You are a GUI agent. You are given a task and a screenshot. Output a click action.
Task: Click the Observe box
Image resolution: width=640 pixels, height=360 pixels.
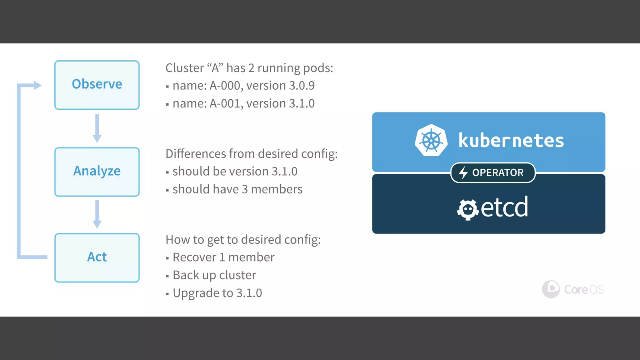pyautogui.click(x=97, y=85)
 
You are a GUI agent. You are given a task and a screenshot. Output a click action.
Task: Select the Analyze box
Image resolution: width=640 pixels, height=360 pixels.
pyautogui.click(x=97, y=172)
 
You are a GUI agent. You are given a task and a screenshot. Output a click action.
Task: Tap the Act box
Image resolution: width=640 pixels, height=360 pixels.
pyautogui.click(x=97, y=257)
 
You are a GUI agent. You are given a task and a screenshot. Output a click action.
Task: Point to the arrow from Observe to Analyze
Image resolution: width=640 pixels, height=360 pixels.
pyautogui.click(x=97, y=128)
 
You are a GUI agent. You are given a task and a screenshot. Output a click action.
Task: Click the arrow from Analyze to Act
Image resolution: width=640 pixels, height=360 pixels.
pyautogui.click(x=97, y=214)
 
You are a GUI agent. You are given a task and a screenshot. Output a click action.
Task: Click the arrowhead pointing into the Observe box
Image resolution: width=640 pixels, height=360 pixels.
pyautogui.click(x=37, y=85)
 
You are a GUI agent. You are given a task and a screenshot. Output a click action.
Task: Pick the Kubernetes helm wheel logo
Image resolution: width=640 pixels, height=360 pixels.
pyautogui.click(x=431, y=140)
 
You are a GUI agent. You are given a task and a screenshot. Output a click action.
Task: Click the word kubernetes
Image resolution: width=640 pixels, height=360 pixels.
pyautogui.click(x=511, y=140)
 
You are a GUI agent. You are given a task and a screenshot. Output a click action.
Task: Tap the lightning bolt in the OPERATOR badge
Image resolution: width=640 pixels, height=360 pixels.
pyautogui.click(x=463, y=172)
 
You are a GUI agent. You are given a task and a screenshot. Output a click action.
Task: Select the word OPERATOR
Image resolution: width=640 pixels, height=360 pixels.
pyautogui.click(x=497, y=172)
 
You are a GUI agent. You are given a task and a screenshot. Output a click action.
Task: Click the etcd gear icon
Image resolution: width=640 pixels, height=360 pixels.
pyautogui.click(x=467, y=210)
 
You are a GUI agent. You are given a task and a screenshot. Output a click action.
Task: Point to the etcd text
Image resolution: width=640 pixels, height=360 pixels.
pyautogui.click(x=504, y=207)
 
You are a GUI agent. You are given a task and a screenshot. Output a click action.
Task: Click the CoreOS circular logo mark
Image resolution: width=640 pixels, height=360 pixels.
pyautogui.click(x=551, y=289)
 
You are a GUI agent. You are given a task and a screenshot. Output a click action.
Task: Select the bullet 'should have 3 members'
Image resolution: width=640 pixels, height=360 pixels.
pyautogui.click(x=237, y=189)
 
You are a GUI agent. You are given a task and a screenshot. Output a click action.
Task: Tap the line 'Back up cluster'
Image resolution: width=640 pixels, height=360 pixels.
pyautogui.click(x=214, y=275)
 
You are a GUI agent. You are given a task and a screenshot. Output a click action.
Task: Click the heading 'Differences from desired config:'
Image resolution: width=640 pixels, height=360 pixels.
pyautogui.click(x=252, y=154)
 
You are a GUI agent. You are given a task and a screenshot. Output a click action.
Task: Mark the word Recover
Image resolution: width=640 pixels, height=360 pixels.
pyautogui.click(x=194, y=257)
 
